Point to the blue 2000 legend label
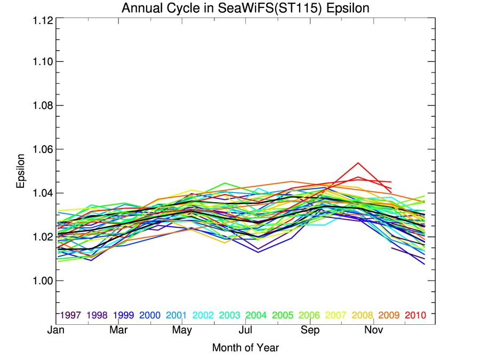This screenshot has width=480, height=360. pyautogui.click(x=149, y=315)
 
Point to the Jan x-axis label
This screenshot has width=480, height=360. pyautogui.click(x=56, y=331)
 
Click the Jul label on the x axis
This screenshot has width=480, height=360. pyautogui.click(x=245, y=331)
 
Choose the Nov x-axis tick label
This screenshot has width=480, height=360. pyautogui.click(x=374, y=331)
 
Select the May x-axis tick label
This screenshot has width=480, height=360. pyautogui.click(x=182, y=331)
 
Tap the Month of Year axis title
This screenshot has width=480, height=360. pyautogui.click(x=245, y=348)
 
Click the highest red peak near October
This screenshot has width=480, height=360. pyautogui.click(x=358, y=163)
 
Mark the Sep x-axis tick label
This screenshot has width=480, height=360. pyautogui.click(x=310, y=331)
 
